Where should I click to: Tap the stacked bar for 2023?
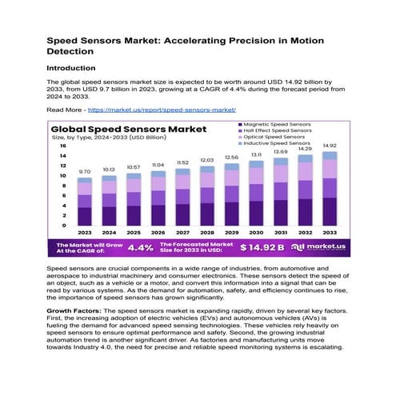(84, 203)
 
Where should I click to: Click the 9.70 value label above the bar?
(84, 171)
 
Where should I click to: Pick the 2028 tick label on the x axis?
(206, 233)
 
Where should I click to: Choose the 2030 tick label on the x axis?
(256, 233)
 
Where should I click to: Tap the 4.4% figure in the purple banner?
(140, 247)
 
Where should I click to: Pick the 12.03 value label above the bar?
(206, 160)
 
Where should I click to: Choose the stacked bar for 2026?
(158, 197)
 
